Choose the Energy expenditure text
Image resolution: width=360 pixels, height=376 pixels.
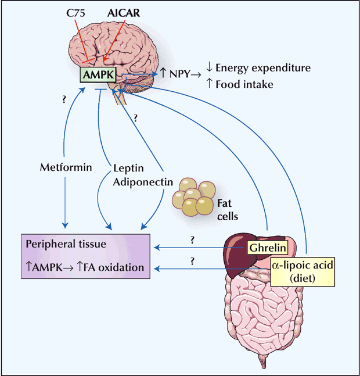click(262, 68)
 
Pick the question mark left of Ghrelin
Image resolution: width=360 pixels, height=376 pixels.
click(192, 239)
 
